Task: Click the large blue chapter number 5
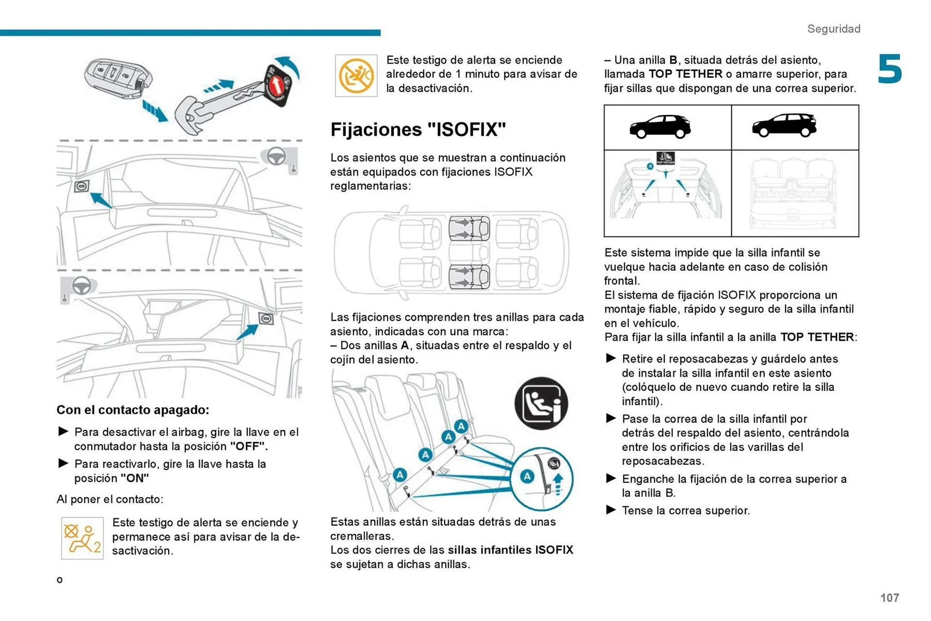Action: click(x=889, y=69)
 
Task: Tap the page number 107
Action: click(x=889, y=598)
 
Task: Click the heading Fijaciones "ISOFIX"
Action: click(x=418, y=129)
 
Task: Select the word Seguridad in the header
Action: click(x=834, y=29)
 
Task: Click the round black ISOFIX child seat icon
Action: click(x=541, y=403)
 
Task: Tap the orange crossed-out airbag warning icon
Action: click(x=356, y=76)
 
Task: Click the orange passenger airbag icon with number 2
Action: click(x=82, y=538)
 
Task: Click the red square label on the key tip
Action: click(x=278, y=84)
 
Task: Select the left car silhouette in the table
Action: click(x=660, y=127)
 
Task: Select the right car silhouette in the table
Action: click(x=784, y=126)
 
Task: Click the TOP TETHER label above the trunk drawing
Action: click(x=665, y=158)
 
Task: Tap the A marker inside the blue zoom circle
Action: click(x=527, y=477)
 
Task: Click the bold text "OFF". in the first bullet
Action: click(x=249, y=446)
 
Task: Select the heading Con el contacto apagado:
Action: click(x=132, y=410)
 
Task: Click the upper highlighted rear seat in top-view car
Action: click(x=468, y=229)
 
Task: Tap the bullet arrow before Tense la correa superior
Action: click(x=611, y=510)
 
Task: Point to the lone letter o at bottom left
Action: click(x=60, y=580)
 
